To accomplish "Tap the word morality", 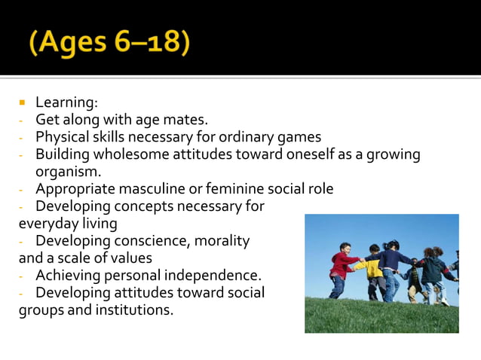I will [x=222, y=240].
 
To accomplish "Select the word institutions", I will [x=136, y=309].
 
